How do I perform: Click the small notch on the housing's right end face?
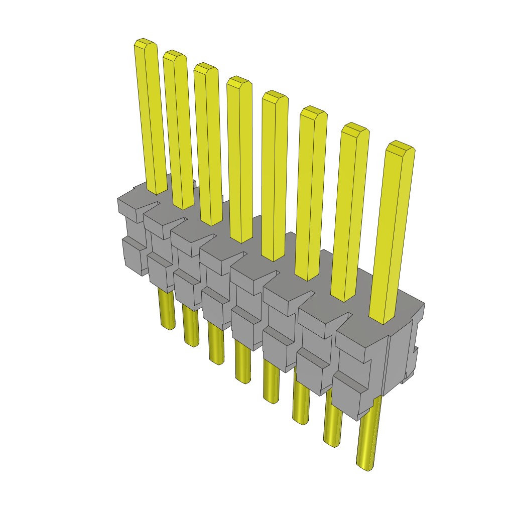[x=416, y=349]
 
